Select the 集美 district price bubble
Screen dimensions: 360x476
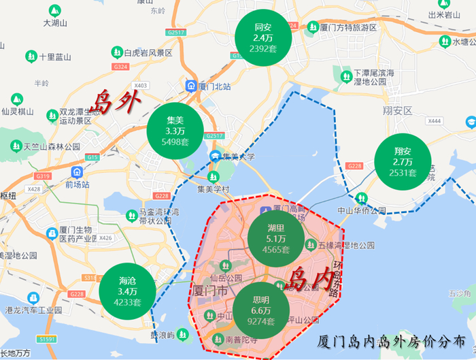coord(175,130)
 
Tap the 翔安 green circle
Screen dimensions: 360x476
coord(402,161)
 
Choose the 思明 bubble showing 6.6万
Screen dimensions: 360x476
coord(261,310)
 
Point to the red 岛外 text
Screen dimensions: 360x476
coord(116,101)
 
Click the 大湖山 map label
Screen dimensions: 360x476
coord(56,22)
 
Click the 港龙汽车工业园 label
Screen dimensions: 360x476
coord(34,310)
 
